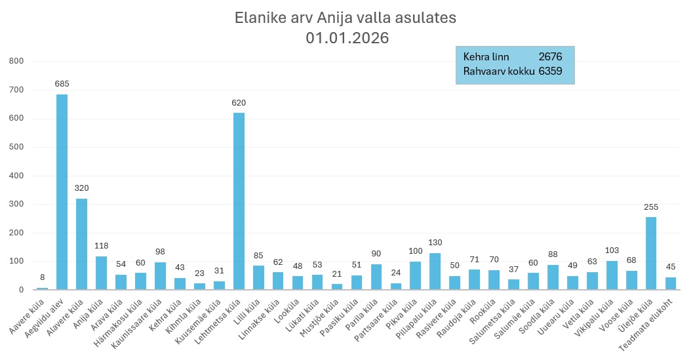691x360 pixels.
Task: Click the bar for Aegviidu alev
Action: tap(62, 191)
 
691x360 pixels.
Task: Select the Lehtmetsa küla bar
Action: tap(239, 201)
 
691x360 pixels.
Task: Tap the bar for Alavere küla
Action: tap(81, 243)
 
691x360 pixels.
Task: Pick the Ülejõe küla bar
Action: tap(650, 253)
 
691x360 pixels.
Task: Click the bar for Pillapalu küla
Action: tap(435, 271)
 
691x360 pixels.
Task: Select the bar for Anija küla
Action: tap(101, 272)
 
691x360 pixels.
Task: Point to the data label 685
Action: tap(62, 84)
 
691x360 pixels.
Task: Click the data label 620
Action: tap(239, 103)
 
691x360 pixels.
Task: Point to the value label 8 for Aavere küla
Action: tap(42, 277)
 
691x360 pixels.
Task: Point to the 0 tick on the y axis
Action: tap(22, 289)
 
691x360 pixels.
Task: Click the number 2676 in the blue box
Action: tap(550, 57)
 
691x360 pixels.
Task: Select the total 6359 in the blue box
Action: tap(550, 71)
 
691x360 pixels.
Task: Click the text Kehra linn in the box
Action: tap(486, 57)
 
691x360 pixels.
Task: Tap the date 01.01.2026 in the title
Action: tap(347, 39)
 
